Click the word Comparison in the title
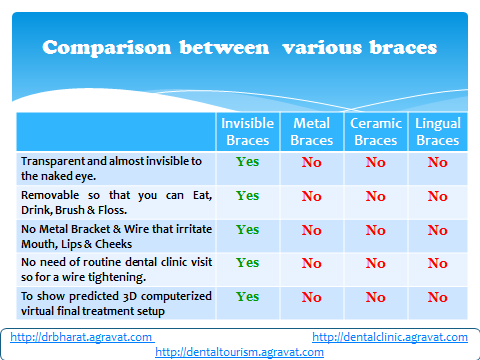coord(107,48)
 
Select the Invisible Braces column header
coord(248,132)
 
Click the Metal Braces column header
coord(312,132)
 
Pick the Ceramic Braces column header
coord(376,132)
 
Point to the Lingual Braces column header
coord(438,132)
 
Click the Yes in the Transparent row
coord(247,162)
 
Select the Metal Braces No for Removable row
coord(312,196)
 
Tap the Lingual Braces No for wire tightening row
coord(438,263)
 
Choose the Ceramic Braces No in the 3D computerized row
coord(376,297)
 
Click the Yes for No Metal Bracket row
coord(247,230)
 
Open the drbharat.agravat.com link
coord(81,337)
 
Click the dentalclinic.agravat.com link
coord(390,337)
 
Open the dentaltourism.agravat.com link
coord(239,352)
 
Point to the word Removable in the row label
coord(50,195)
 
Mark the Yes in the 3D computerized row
coord(247,297)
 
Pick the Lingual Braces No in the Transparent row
coord(438,162)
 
